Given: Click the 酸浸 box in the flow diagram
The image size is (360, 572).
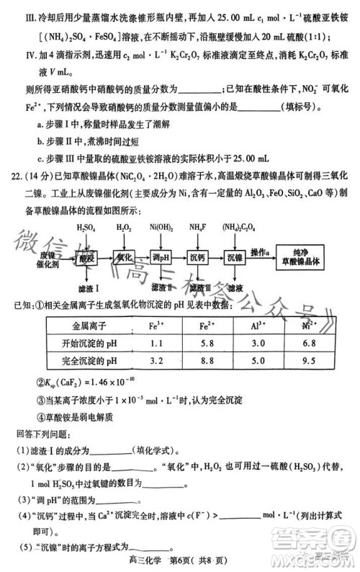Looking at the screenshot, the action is click(x=86, y=259).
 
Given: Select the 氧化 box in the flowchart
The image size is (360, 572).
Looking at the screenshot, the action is click(x=125, y=259).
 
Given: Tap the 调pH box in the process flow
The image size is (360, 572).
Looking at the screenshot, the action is click(x=161, y=259).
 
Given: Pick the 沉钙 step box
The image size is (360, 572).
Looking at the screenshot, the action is click(x=197, y=259).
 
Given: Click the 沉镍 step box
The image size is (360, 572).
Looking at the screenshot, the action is click(x=234, y=259).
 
